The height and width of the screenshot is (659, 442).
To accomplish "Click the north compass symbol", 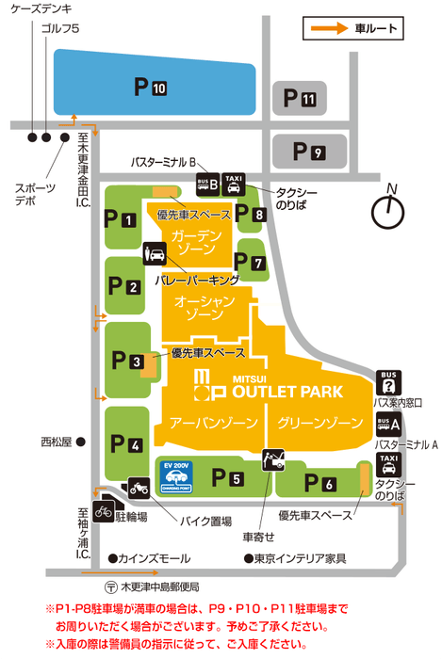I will [x=386, y=212].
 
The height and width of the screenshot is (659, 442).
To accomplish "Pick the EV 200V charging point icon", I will [x=176, y=477].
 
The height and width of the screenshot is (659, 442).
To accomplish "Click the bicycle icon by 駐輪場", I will [x=103, y=510].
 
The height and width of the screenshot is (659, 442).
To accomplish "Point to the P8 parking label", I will [x=252, y=215].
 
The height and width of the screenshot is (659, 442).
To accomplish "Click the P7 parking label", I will [x=252, y=265].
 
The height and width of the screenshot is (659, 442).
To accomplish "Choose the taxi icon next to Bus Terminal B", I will [x=235, y=184].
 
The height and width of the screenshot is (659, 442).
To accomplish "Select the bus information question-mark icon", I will [x=388, y=383].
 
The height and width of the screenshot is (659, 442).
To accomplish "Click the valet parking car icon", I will [x=155, y=254].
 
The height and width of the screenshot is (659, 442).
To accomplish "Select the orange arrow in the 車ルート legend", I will [x=330, y=28].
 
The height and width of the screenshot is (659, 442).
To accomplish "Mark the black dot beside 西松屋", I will [x=82, y=441].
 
